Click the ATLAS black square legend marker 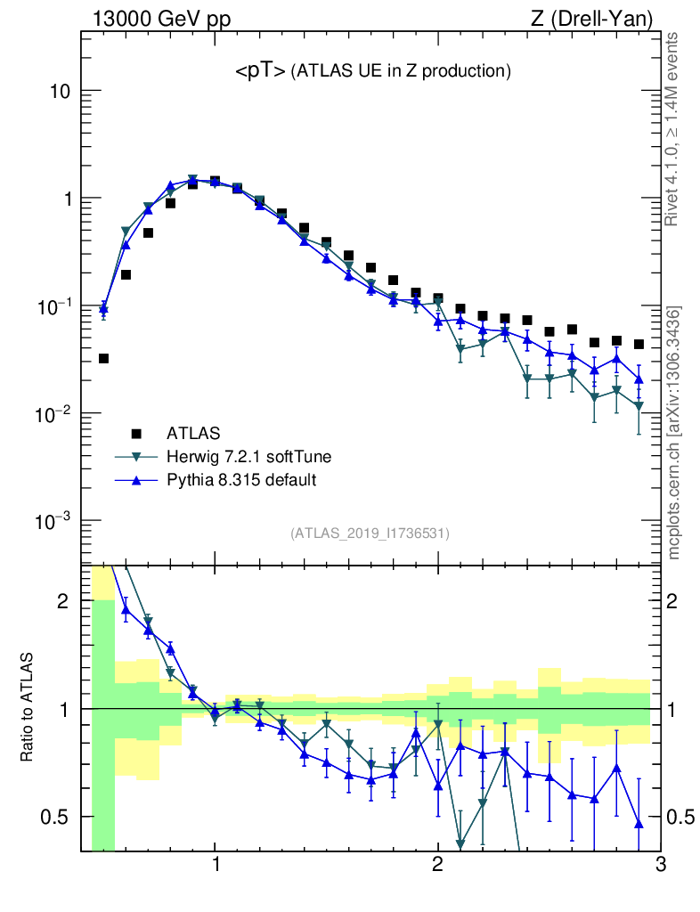click(136, 434)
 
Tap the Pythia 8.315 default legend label click(241, 480)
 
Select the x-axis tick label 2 click(437, 865)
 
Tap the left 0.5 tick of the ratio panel click(59, 817)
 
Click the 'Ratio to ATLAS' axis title click(28, 708)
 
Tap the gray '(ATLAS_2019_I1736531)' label click(370, 533)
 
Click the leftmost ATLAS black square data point click(103, 359)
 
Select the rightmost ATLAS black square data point click(639, 344)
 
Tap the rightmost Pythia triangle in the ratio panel click(639, 823)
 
